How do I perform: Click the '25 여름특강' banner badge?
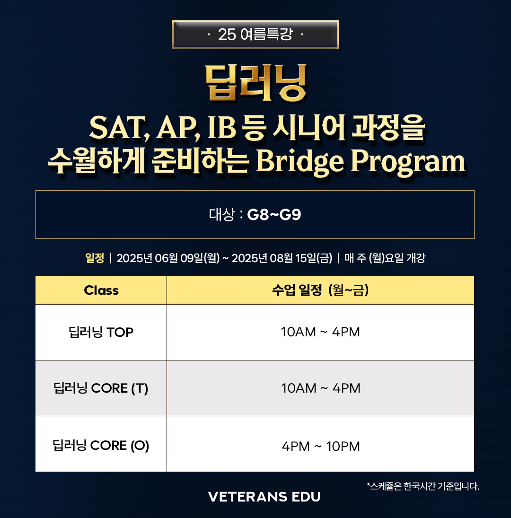click(x=255, y=35)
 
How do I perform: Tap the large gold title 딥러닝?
click(x=256, y=83)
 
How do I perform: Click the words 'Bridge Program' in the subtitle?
click(x=361, y=161)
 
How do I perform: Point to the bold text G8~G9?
click(x=274, y=215)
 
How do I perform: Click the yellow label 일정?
click(x=95, y=258)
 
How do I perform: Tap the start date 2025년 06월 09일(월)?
click(x=168, y=258)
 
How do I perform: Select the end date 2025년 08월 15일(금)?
click(x=282, y=258)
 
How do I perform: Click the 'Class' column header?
click(x=101, y=290)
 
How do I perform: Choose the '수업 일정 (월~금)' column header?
click(x=320, y=290)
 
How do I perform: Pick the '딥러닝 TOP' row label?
click(x=101, y=332)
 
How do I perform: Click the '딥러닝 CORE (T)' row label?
click(x=101, y=388)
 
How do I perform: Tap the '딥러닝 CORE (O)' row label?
click(x=101, y=445)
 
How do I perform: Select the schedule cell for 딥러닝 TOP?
click(x=320, y=332)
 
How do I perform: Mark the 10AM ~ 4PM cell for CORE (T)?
click(x=321, y=388)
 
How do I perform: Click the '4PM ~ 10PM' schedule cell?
click(x=321, y=446)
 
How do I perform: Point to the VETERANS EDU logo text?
click(x=264, y=497)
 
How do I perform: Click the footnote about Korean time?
click(x=423, y=486)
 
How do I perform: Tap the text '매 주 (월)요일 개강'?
click(x=385, y=258)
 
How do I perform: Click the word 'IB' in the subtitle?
click(x=221, y=128)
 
